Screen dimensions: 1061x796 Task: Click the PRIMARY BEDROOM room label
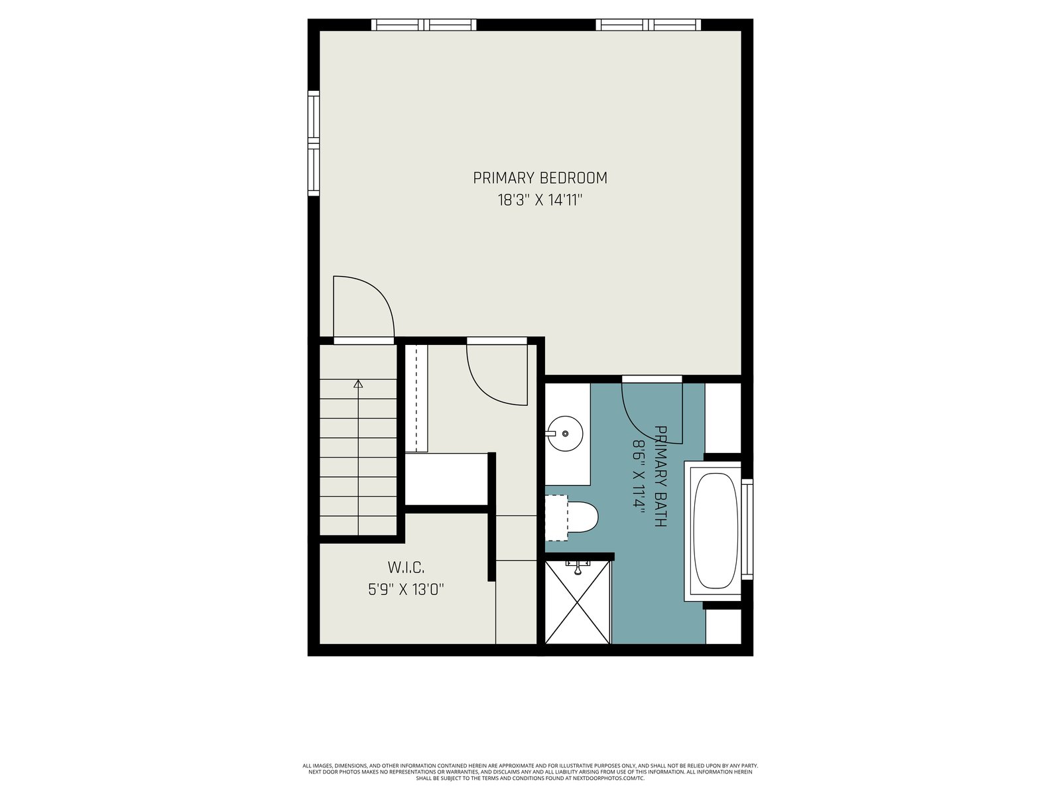click(539, 178)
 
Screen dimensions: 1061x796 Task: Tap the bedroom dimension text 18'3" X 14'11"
click(539, 200)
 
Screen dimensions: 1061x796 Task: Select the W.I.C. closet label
click(406, 567)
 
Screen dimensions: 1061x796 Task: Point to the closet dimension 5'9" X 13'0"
click(406, 590)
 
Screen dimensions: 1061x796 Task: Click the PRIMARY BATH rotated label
click(660, 476)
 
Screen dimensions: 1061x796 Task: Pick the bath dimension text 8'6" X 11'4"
click(639, 474)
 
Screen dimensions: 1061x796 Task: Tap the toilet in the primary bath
click(572, 517)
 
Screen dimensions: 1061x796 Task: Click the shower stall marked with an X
click(577, 602)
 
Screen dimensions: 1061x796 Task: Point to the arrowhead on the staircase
click(358, 384)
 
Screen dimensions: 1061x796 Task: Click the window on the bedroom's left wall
click(314, 143)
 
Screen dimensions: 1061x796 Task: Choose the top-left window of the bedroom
click(424, 25)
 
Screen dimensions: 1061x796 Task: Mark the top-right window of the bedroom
click(648, 25)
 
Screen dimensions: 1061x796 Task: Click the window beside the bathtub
click(747, 529)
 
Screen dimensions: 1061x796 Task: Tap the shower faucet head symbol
click(578, 568)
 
